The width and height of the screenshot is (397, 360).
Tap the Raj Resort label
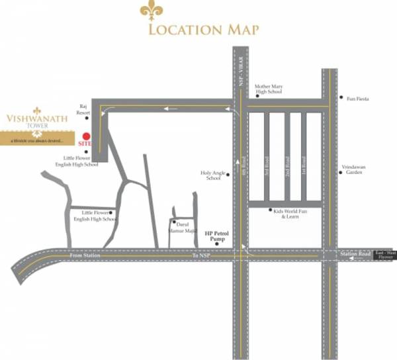(x=83, y=109)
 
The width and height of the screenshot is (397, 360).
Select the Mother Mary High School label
(x=268, y=89)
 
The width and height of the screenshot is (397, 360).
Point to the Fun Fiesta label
(x=358, y=99)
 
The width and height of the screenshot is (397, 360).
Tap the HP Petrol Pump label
(x=215, y=236)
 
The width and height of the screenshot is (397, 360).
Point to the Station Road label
(x=355, y=255)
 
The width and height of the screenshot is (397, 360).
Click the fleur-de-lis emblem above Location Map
(x=150, y=11)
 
